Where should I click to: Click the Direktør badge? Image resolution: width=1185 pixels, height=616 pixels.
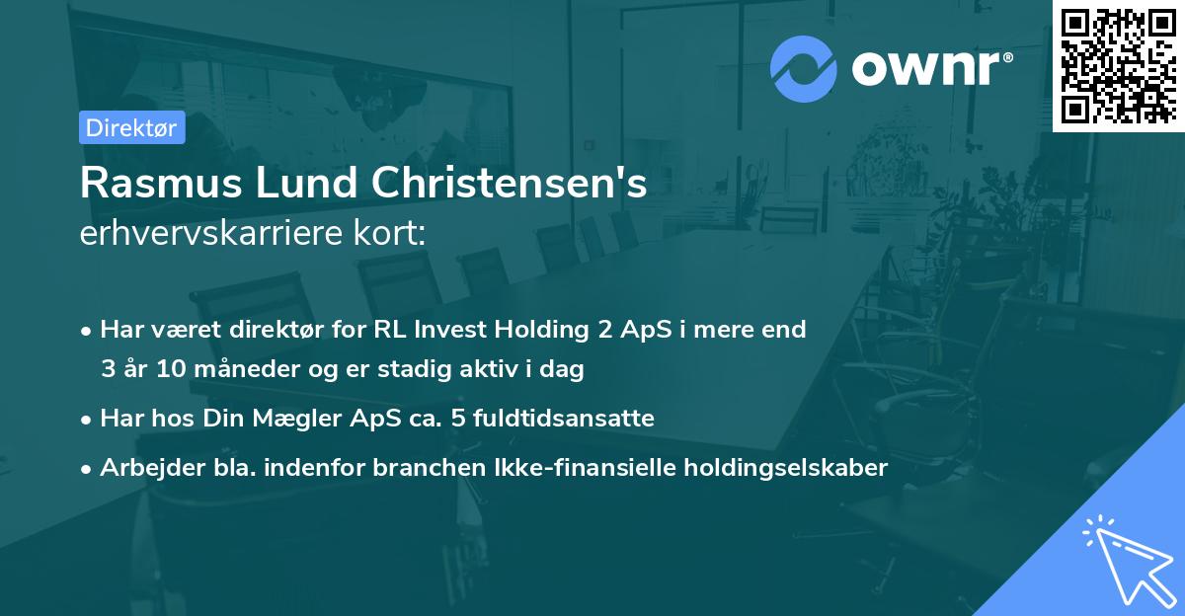click(131, 127)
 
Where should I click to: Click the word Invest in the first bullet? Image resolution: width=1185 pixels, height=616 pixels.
click(449, 330)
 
